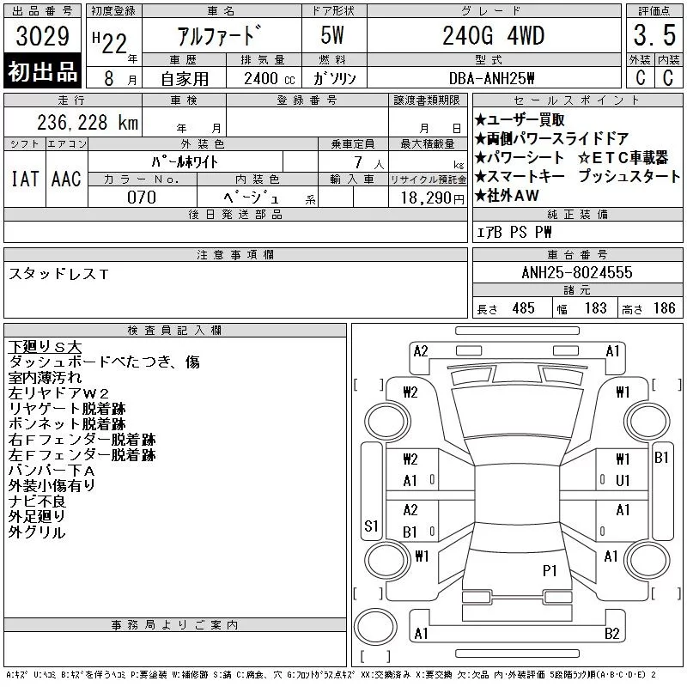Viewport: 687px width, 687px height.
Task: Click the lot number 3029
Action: [x=42, y=36]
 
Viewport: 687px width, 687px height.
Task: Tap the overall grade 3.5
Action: [x=654, y=35]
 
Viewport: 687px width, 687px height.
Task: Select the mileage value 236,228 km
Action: [x=88, y=122]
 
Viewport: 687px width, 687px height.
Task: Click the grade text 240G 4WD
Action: [x=493, y=35]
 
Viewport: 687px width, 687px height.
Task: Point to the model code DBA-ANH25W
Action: [x=491, y=78]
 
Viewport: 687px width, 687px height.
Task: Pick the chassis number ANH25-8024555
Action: [x=577, y=272]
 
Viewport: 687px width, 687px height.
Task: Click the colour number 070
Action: [x=142, y=198]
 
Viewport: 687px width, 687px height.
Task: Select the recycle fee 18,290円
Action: [x=433, y=198]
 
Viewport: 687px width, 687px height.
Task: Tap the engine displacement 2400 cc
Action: [x=269, y=78]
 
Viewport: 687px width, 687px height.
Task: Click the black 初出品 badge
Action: [x=42, y=71]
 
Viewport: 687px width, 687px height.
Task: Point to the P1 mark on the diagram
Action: [x=550, y=570]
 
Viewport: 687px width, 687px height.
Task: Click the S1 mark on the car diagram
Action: [x=371, y=526]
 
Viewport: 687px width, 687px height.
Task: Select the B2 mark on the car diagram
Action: [x=611, y=634]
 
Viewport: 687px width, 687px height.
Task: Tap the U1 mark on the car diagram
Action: [x=623, y=481]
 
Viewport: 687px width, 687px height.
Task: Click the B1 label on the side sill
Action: [x=661, y=458]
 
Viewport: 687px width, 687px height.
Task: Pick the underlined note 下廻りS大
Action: [x=45, y=347]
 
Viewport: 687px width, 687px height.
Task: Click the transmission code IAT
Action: [x=25, y=179]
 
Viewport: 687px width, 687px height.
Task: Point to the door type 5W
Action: [x=332, y=35]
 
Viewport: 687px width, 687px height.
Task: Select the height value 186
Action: [x=664, y=308]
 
